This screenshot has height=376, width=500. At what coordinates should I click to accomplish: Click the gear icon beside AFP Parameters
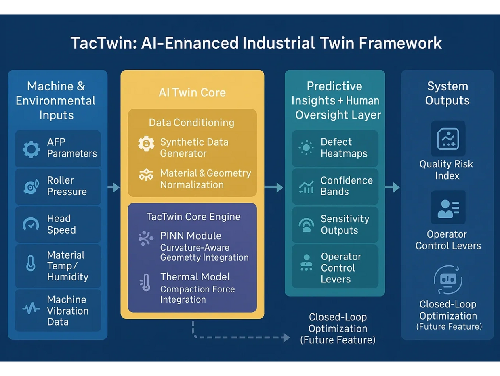31,149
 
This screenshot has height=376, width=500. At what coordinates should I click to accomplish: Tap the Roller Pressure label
67,186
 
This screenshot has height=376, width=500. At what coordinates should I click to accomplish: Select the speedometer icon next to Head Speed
31,224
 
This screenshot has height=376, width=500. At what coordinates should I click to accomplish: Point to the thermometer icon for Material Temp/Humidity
31,263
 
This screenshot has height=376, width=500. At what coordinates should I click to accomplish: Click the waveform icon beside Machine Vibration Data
31,309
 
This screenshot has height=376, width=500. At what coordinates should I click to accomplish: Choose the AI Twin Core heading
192,92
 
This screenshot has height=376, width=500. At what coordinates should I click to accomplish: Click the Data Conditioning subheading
191,123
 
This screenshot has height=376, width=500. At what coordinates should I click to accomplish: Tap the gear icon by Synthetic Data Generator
146,144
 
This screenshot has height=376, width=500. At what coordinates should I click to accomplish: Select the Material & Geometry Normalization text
206,179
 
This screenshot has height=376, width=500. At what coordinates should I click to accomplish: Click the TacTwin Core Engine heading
193,217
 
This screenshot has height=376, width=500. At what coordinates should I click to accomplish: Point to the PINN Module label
191,236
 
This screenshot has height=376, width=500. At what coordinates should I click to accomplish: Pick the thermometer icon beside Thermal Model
145,282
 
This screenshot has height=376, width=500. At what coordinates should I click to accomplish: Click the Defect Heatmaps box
335,148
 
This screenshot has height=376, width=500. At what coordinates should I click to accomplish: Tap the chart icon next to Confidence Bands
307,187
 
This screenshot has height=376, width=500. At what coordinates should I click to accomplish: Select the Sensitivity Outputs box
335,225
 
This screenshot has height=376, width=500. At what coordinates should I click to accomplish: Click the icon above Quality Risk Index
448,138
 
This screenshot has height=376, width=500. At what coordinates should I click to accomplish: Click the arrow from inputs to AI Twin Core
113,188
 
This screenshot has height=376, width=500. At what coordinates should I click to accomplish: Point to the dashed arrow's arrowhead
286,338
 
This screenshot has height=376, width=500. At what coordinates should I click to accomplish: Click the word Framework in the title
400,43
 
